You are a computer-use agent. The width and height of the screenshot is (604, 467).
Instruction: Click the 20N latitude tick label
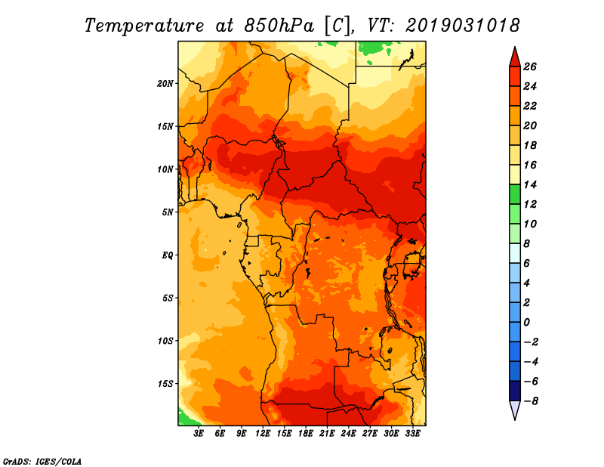165,83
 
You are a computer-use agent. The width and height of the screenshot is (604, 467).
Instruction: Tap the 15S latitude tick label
165,383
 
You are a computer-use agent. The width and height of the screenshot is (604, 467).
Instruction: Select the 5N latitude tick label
167,212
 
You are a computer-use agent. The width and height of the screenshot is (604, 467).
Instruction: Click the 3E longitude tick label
199,433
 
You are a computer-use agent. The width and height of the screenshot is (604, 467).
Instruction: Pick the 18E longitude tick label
306,433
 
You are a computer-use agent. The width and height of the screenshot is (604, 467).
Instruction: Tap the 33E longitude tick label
412,433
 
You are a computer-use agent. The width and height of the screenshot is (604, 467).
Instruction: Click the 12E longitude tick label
263,433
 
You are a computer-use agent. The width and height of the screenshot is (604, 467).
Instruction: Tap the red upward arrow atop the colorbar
514,57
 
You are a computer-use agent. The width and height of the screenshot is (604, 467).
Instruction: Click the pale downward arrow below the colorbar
514,410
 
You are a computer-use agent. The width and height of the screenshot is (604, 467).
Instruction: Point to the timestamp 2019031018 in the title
462,25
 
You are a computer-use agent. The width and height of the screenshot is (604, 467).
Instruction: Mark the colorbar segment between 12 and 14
514,194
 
